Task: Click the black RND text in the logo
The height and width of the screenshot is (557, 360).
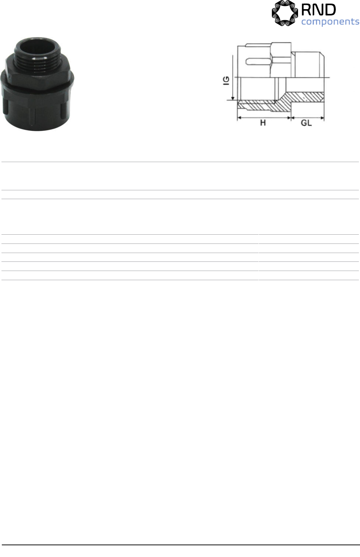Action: (x=319, y=10)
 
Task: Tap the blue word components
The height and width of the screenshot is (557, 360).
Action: (x=330, y=22)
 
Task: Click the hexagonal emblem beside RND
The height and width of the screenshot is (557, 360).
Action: (x=285, y=13)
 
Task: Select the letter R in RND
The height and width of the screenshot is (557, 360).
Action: (x=307, y=10)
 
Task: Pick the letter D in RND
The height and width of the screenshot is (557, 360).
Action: (x=330, y=10)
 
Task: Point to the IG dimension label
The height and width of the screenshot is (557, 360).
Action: (x=226, y=81)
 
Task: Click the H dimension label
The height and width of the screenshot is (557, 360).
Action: (x=263, y=122)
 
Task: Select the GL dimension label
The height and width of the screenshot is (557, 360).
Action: (x=306, y=123)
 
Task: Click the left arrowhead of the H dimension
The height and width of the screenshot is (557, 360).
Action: (x=239, y=118)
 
